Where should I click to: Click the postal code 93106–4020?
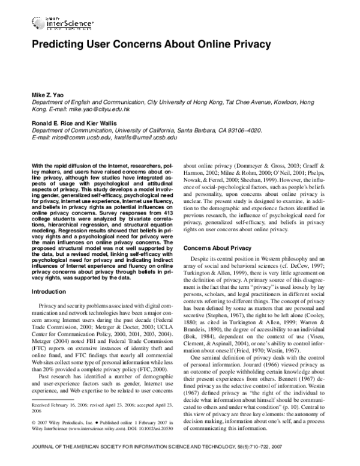coord(261,130)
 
